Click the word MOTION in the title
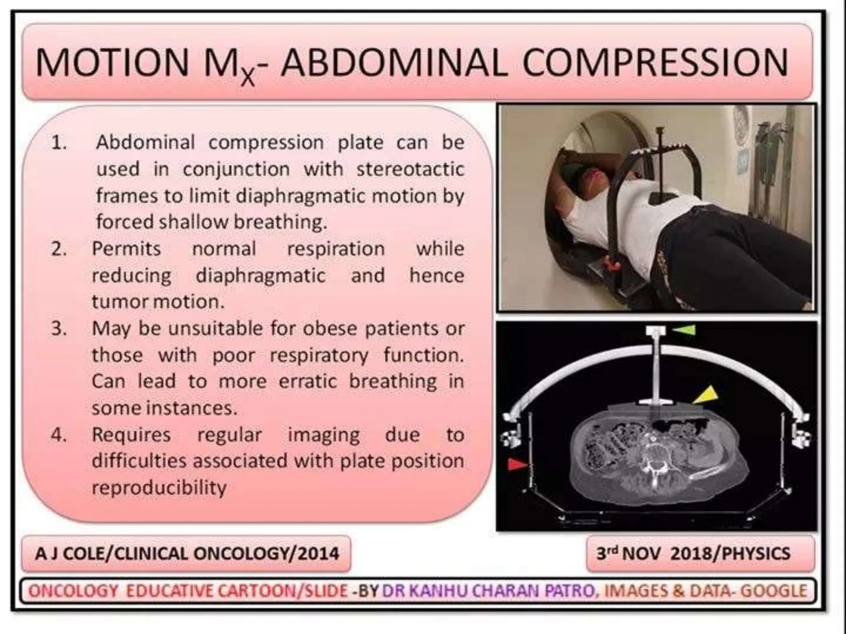(112, 63)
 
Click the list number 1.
(59, 143)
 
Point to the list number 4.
(59, 435)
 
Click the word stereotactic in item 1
(410, 169)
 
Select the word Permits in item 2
(126, 249)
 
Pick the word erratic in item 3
(307, 381)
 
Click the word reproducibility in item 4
(159, 488)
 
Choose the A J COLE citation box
(186, 554)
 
